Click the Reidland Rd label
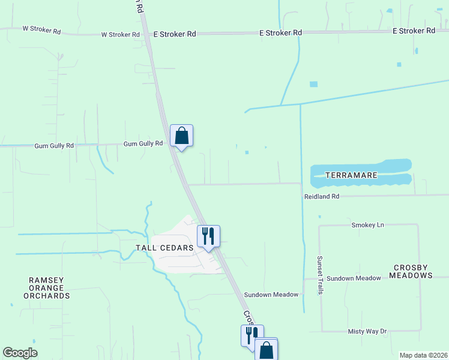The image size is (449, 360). coord(322,196)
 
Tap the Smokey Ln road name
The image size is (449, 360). coord(367,224)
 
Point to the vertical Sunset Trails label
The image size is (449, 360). coord(320,275)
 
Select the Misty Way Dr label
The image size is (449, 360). coord(367,331)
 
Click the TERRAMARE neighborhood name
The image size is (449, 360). coord(351,175)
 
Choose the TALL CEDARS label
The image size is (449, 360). coord(172,247)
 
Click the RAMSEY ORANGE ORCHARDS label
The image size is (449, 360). coord(50,288)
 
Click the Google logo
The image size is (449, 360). coord(20,353)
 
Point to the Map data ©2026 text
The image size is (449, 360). coord(423,355)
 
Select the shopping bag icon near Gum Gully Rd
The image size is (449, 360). coord(181,136)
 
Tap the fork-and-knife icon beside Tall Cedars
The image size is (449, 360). coord(208,235)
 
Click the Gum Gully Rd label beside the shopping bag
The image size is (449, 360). coord(143,144)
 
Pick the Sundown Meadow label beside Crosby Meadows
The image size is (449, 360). coord(359,278)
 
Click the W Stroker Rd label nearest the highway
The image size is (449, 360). coord(120,34)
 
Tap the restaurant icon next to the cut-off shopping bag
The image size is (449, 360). coord(252,335)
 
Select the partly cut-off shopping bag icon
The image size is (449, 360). coord(267,349)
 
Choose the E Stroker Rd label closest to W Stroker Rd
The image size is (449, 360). coord(175,34)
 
